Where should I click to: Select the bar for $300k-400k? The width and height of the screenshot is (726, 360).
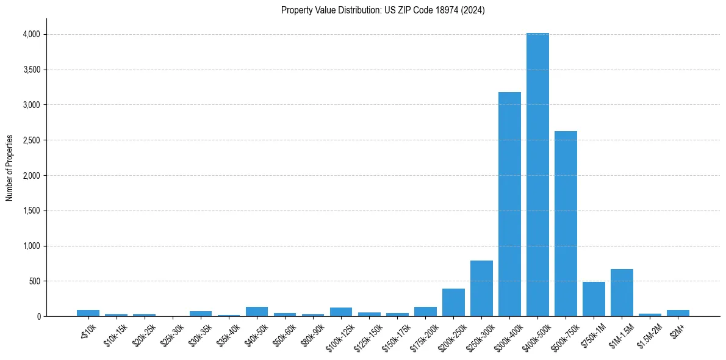509,204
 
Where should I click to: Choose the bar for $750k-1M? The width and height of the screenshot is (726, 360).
594,299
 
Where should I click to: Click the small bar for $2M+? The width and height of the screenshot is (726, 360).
678,313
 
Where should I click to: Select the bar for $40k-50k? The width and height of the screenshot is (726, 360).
257,312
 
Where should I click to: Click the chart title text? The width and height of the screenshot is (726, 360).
383,10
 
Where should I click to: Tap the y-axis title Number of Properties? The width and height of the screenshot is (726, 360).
10,168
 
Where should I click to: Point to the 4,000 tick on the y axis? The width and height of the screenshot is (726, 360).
31,35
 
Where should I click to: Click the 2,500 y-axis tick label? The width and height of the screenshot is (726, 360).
31,140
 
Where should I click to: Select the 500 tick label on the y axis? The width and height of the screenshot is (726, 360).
35,281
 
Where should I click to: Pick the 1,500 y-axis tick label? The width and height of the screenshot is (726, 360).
31,211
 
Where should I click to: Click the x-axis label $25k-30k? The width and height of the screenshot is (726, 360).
173,333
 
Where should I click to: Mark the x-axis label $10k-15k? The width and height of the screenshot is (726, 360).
117,333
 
